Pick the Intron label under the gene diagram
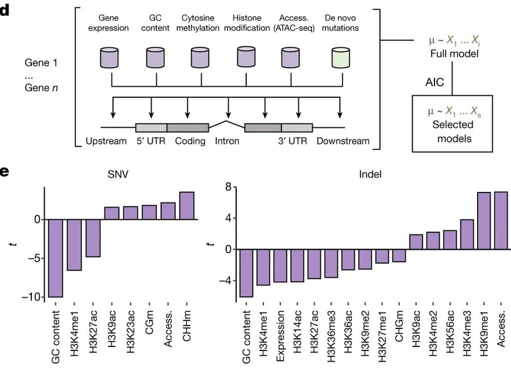(x=227, y=142)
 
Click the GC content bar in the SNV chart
(x=56, y=258)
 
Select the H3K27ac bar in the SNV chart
(x=93, y=238)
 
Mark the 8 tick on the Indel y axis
(x=227, y=187)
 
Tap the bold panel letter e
(x=5, y=172)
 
